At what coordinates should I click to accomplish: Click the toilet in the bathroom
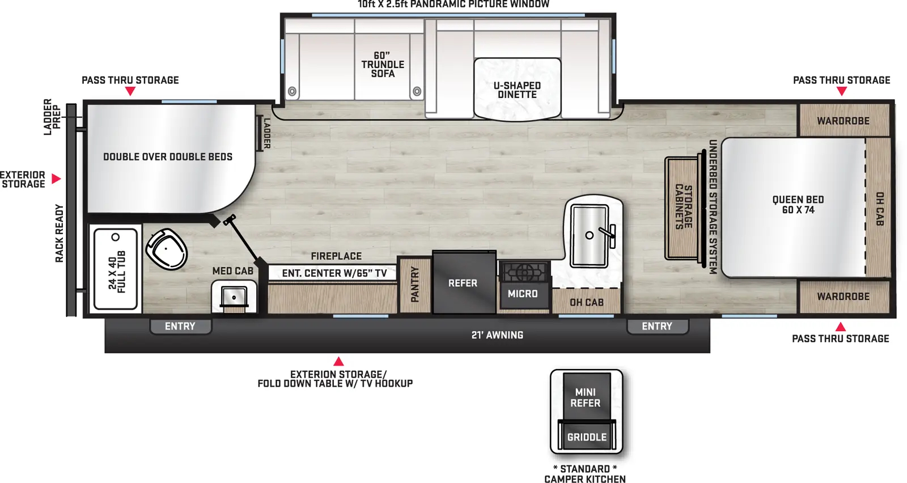167,249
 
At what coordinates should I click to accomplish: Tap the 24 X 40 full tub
116,269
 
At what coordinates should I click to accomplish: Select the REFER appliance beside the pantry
463,282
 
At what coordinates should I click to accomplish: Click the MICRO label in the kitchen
523,294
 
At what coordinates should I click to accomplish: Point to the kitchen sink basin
590,235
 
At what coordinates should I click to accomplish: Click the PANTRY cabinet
414,285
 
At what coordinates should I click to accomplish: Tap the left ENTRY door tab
180,326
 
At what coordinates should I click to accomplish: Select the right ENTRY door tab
657,326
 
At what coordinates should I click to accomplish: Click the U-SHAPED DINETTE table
517,89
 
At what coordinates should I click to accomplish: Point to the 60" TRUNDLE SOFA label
383,64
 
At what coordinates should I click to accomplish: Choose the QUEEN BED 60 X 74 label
798,205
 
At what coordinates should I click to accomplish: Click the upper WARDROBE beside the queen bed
843,120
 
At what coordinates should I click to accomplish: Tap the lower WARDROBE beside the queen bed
843,296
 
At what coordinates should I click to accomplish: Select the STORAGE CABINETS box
683,207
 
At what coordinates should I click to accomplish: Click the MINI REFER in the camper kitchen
586,397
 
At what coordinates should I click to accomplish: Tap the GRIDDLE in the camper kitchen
587,437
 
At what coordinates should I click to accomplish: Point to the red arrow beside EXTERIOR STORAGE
56,179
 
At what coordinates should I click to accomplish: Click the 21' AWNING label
497,335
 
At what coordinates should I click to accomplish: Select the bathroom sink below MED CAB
234,296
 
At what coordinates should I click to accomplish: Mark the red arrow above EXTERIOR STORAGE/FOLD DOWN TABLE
338,361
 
